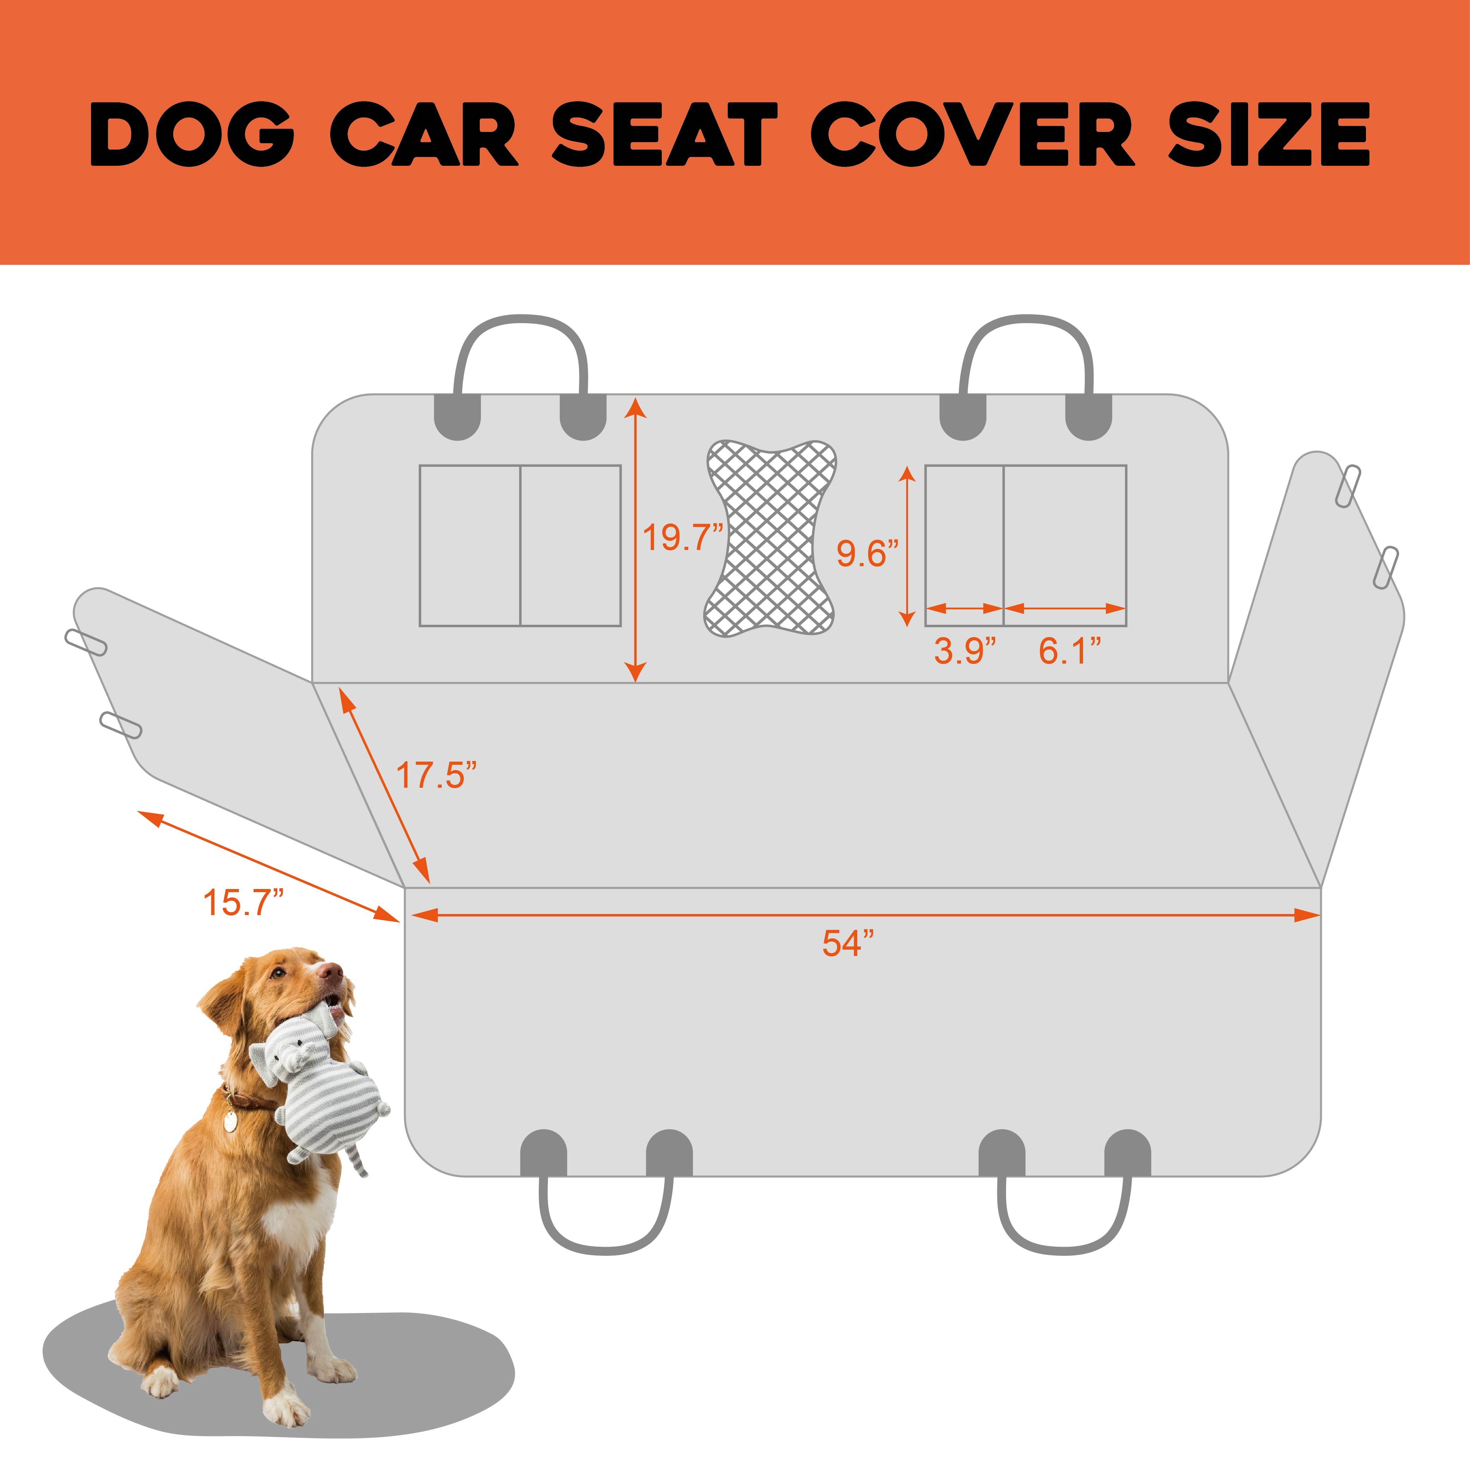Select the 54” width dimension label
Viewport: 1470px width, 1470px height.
[847, 943]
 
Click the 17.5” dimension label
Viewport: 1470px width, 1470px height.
[436, 775]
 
